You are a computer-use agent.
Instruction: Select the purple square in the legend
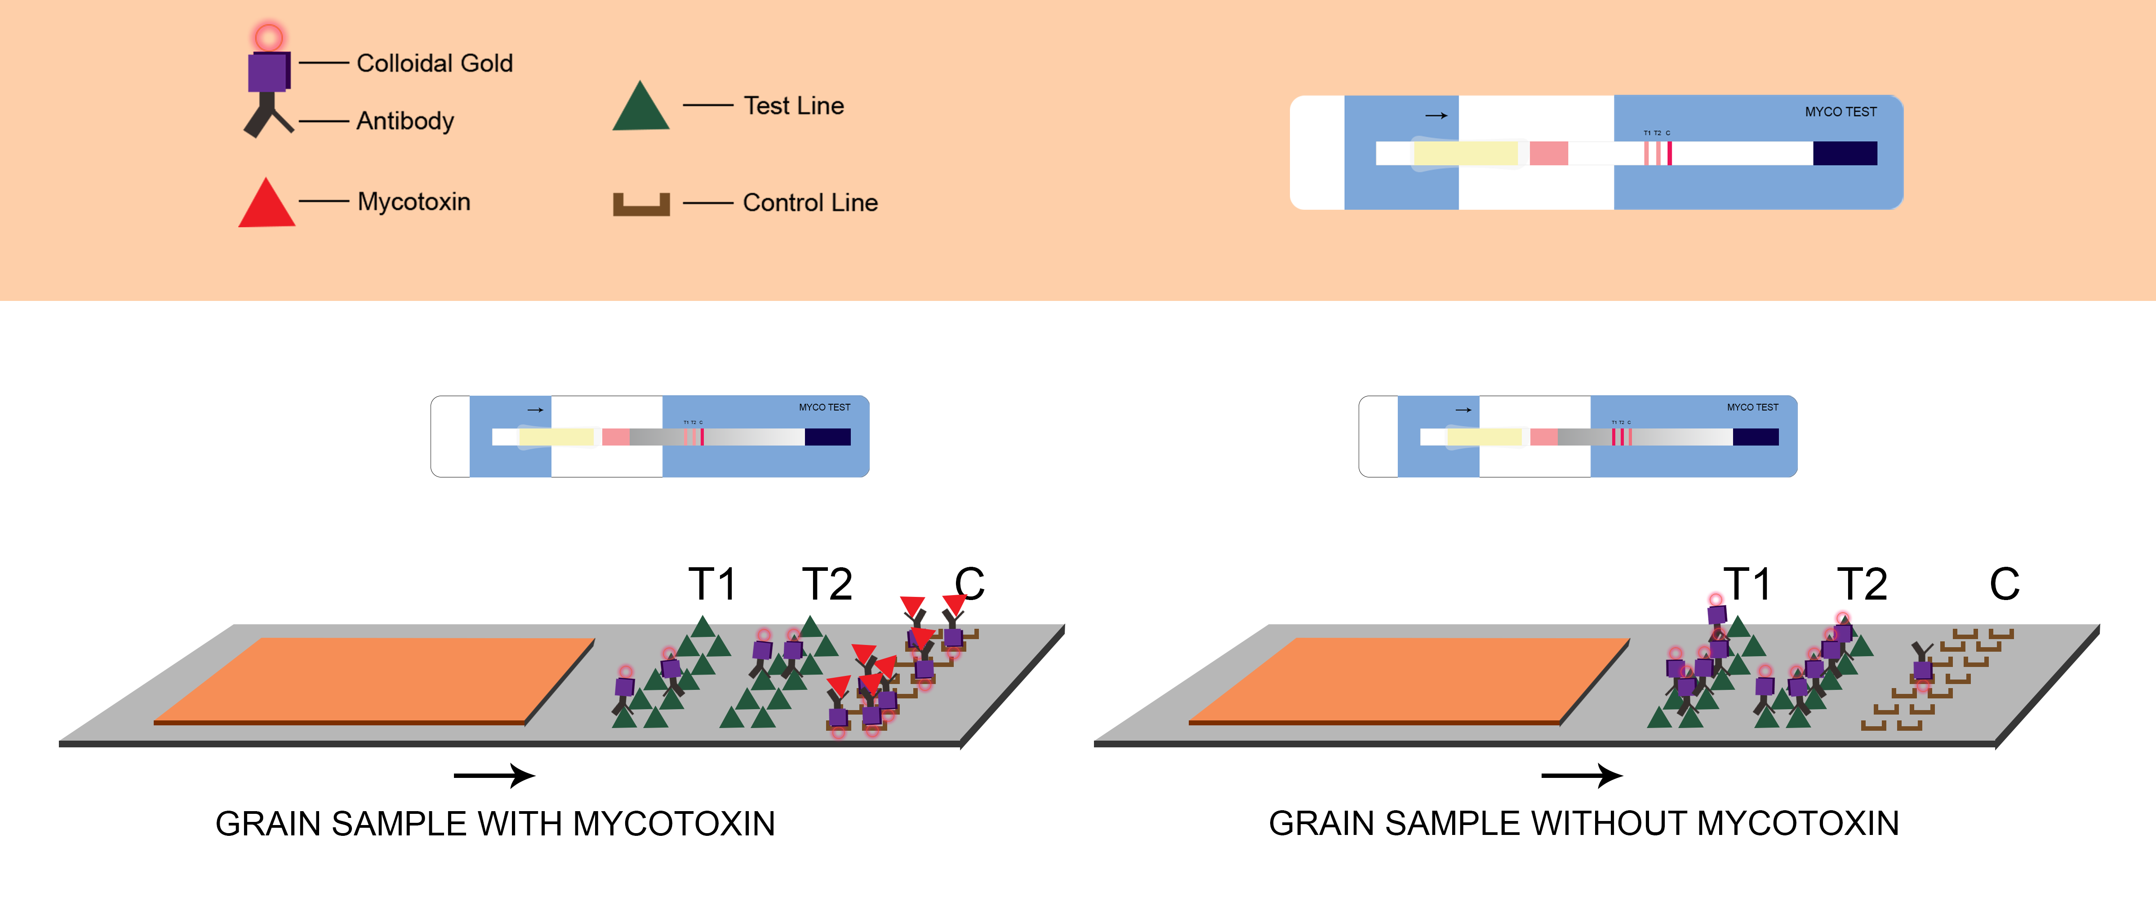tap(268, 72)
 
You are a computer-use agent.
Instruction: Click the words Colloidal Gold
tap(434, 64)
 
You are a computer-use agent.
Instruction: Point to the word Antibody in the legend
tap(405, 121)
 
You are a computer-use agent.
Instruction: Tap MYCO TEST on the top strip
tap(1840, 112)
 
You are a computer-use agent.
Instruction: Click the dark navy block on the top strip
tap(1845, 153)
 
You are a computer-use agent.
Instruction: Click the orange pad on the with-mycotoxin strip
tap(374, 679)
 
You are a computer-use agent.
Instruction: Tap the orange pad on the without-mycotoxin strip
tap(1409, 679)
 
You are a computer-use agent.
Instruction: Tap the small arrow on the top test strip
tap(1436, 115)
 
